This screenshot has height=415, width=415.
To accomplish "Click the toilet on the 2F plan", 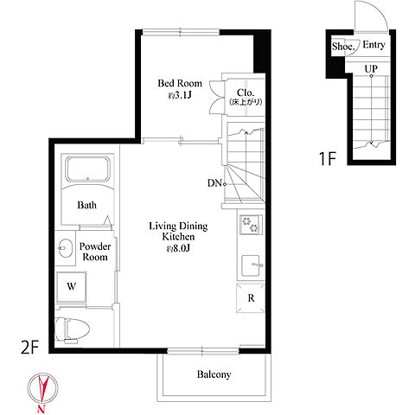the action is (x=72, y=329).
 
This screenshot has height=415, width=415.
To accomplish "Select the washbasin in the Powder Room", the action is (x=65, y=248).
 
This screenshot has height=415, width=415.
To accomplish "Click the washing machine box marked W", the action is (x=71, y=286).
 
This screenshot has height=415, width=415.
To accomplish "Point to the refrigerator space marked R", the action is (x=251, y=298).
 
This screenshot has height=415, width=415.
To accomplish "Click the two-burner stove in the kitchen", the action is (x=251, y=225).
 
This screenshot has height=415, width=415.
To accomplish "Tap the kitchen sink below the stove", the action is (x=252, y=265).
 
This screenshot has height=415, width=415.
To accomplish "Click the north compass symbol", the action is (x=42, y=388).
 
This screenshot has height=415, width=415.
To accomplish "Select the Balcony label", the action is (x=214, y=374).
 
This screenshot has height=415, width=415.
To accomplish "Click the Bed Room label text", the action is (x=180, y=83).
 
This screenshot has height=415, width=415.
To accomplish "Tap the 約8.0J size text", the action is (x=178, y=248).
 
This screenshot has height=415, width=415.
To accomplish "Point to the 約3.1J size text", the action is (x=180, y=95).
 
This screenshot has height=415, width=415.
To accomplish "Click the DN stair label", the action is (x=214, y=182).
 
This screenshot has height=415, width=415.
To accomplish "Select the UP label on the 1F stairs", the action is (x=371, y=69).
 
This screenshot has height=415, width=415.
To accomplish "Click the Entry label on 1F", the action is (x=373, y=45).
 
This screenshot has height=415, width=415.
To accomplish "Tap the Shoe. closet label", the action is (x=343, y=46).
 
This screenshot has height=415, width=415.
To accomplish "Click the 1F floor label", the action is (x=328, y=158).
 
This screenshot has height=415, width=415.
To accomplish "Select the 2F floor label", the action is (x=30, y=347).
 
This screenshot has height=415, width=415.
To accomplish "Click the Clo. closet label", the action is (x=246, y=93).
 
